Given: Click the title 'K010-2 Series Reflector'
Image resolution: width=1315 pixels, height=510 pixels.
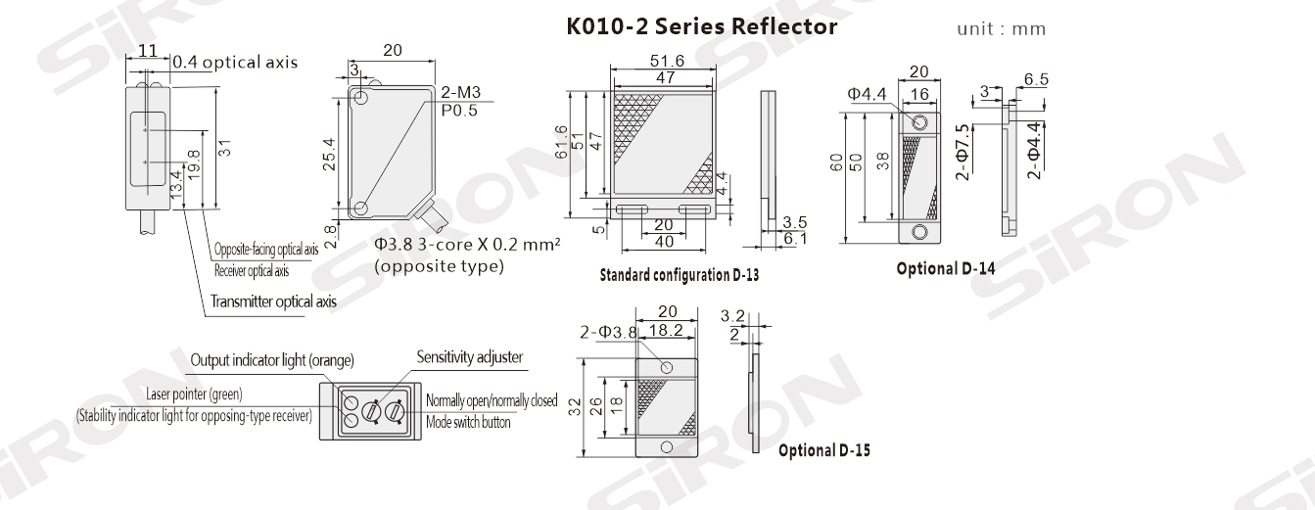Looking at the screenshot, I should click(x=702, y=27).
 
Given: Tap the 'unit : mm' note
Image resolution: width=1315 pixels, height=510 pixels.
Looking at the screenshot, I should click(x=1001, y=28).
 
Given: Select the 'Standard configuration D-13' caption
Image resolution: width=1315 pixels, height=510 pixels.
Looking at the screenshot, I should click(x=679, y=276).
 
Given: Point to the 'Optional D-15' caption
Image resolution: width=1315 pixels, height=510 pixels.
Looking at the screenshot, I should click(x=823, y=451).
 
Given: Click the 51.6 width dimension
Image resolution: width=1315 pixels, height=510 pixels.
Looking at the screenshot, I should click(x=666, y=61).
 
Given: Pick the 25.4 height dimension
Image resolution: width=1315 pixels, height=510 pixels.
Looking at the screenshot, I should click(x=330, y=153).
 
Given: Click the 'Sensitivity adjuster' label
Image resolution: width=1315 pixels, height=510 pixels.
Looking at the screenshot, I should click(x=469, y=357).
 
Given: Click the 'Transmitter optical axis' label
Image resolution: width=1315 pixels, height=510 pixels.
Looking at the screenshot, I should click(x=273, y=301).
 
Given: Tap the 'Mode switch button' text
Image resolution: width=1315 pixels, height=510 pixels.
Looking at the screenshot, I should click(x=468, y=423).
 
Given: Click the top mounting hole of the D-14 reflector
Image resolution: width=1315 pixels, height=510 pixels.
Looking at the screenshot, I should click(x=919, y=122).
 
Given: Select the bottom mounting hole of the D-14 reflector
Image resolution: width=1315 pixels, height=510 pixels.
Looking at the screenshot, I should click(x=919, y=232).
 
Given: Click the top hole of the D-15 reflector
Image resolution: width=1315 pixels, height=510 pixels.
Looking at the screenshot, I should click(x=667, y=367).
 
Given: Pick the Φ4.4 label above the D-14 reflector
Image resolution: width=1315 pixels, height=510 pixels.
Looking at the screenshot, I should click(x=867, y=94).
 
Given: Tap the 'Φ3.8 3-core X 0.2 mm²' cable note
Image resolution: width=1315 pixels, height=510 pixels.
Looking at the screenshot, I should click(x=466, y=245).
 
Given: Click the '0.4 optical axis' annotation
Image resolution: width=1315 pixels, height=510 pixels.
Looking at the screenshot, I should click(x=234, y=63).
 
